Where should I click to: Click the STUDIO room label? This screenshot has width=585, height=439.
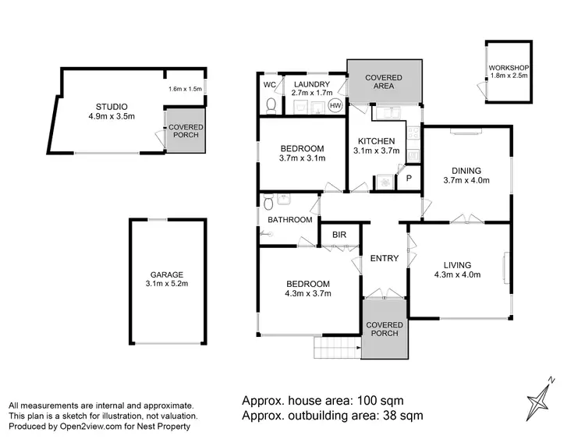point(112,107)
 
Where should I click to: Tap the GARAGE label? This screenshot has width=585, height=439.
point(168,274)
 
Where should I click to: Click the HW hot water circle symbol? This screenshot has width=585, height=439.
point(335,105)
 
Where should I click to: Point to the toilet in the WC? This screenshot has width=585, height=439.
point(270,104)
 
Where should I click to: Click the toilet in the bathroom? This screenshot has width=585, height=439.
point(268,203)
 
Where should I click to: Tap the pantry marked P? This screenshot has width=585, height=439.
point(408,179)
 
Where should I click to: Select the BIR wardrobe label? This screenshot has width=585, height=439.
point(339,234)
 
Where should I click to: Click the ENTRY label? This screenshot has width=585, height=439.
point(385,259)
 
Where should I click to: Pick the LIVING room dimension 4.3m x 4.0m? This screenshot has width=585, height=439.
point(457,274)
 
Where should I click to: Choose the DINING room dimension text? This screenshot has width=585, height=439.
point(466,181)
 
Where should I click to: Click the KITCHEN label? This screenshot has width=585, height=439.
point(377,140)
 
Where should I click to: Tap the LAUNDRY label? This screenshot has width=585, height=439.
point(310,84)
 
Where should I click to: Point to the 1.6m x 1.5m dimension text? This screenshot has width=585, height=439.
point(185,89)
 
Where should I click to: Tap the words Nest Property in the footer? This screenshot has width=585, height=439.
point(163,427)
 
